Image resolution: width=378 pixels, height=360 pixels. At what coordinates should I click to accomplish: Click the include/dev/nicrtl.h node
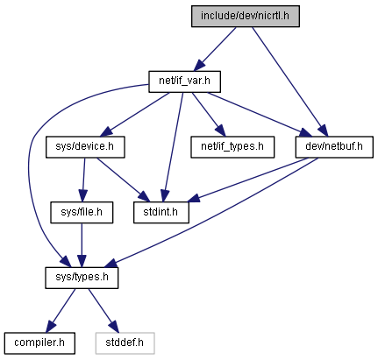point(246,16)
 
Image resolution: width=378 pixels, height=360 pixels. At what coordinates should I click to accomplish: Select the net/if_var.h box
point(184,81)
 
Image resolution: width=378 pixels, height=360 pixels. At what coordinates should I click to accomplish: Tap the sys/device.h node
point(85,147)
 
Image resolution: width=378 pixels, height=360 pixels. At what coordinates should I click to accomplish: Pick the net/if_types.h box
point(232,147)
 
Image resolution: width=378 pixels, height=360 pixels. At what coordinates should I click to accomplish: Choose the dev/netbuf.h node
point(334,147)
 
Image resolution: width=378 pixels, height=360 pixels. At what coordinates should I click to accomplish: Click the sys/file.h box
point(82,212)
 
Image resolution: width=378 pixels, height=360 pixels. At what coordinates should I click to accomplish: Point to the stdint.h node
point(161,212)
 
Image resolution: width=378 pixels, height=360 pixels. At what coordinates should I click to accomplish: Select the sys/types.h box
point(82,278)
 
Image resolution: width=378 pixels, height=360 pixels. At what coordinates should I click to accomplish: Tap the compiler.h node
point(39,343)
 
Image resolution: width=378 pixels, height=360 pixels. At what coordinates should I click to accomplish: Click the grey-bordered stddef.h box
point(125,343)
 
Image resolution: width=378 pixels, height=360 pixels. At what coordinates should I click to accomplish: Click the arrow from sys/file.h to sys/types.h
point(82,245)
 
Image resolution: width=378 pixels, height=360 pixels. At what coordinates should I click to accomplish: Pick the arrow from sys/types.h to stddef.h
point(103,310)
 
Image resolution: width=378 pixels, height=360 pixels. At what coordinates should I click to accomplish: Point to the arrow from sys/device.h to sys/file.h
point(83,180)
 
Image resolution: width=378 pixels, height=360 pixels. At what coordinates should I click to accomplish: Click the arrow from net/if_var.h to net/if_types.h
point(209,114)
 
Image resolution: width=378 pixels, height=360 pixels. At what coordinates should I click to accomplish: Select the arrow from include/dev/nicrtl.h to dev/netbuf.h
point(290,81)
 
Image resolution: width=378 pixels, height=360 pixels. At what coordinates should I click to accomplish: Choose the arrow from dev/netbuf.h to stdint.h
point(247,180)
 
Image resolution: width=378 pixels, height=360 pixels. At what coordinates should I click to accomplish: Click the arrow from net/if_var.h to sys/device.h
point(134,114)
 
